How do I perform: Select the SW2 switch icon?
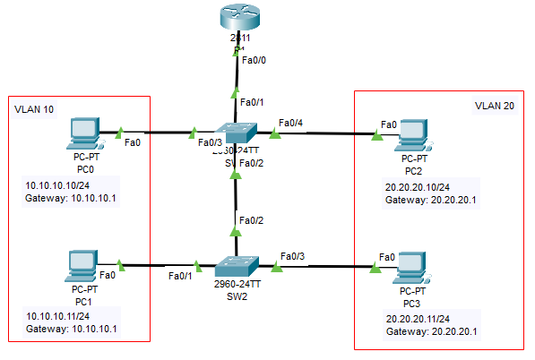click(236, 266)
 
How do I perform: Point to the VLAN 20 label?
click(495, 106)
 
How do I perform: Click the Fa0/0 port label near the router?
click(255, 61)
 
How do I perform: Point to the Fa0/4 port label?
click(292, 122)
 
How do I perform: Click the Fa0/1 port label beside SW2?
click(181, 276)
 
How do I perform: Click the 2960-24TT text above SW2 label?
click(236, 283)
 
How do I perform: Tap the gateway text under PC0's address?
click(71, 198)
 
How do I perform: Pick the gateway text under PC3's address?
click(432, 331)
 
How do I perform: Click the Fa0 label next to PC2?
click(389, 124)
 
